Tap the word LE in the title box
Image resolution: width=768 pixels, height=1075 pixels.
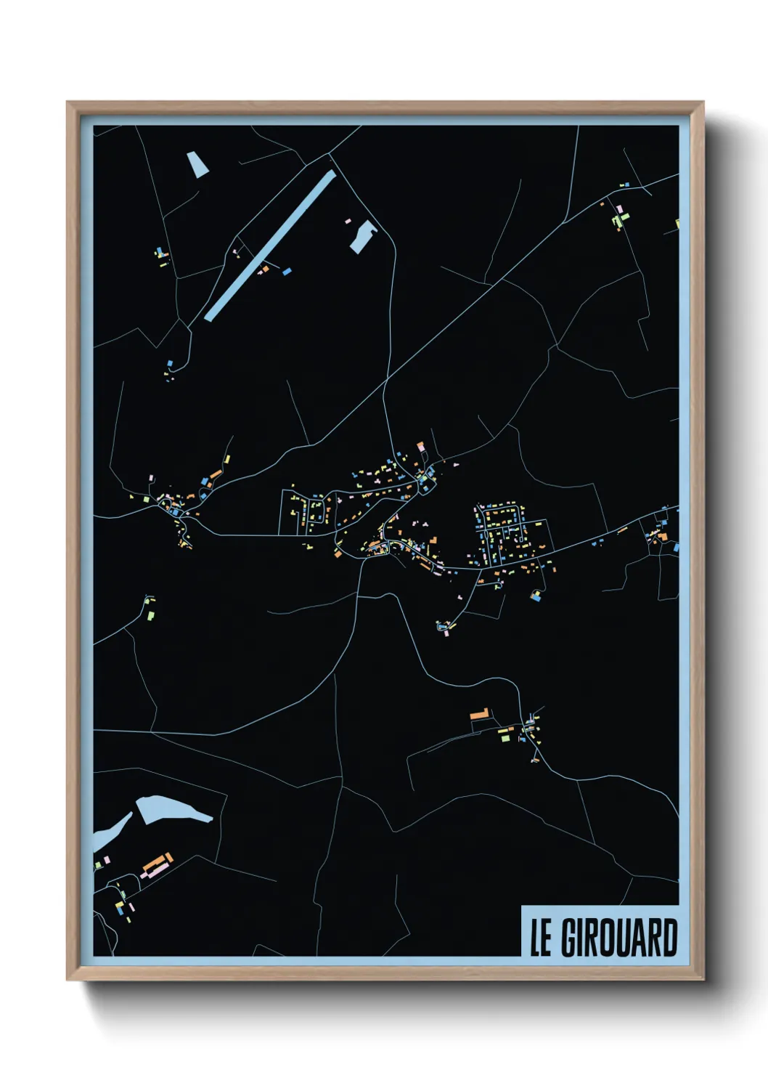542,938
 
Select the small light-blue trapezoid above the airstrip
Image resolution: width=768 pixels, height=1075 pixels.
197,164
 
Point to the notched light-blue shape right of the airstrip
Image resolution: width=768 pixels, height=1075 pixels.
364,236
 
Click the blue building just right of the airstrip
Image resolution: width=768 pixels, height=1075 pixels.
287,271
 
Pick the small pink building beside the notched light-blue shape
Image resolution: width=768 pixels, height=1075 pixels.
347,219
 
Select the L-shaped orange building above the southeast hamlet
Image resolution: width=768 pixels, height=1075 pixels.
479,714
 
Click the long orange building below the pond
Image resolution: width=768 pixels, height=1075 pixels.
155,864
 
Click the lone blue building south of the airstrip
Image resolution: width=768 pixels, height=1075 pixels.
170,362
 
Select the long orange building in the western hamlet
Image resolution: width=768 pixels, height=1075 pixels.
215,474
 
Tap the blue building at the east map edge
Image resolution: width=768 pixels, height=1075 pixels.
675,545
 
